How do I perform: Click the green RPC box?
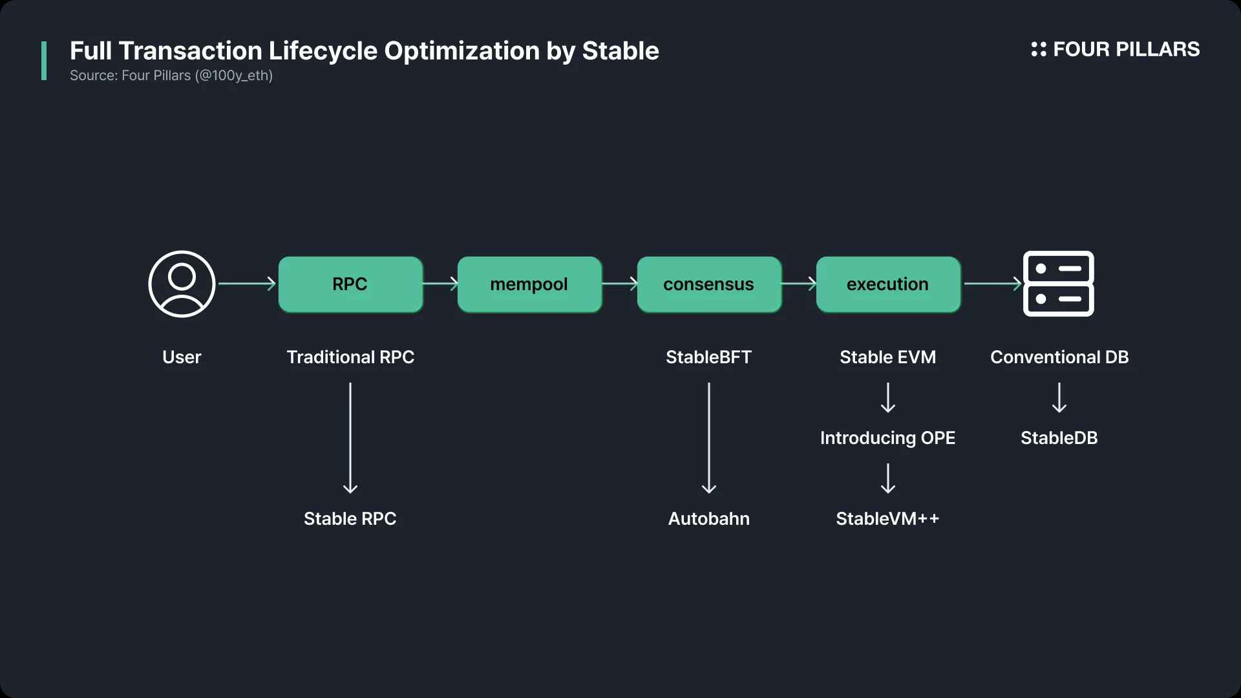click(350, 284)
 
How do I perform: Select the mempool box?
click(529, 284)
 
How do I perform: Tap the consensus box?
click(709, 284)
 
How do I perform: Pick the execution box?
click(888, 284)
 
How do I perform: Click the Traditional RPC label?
click(350, 357)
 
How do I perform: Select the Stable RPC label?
click(350, 518)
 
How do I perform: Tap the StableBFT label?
click(708, 357)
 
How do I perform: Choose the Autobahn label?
click(708, 518)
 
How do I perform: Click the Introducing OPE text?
click(887, 438)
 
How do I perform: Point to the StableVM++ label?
click(887, 518)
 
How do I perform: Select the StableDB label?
click(1059, 438)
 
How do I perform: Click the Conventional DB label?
click(1059, 357)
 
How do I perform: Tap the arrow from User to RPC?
click(248, 284)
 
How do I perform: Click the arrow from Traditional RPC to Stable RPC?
click(350, 438)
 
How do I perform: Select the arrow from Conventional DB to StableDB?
click(1059, 397)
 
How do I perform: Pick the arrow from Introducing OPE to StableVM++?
click(888, 478)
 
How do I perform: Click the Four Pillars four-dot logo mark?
click(1039, 49)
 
